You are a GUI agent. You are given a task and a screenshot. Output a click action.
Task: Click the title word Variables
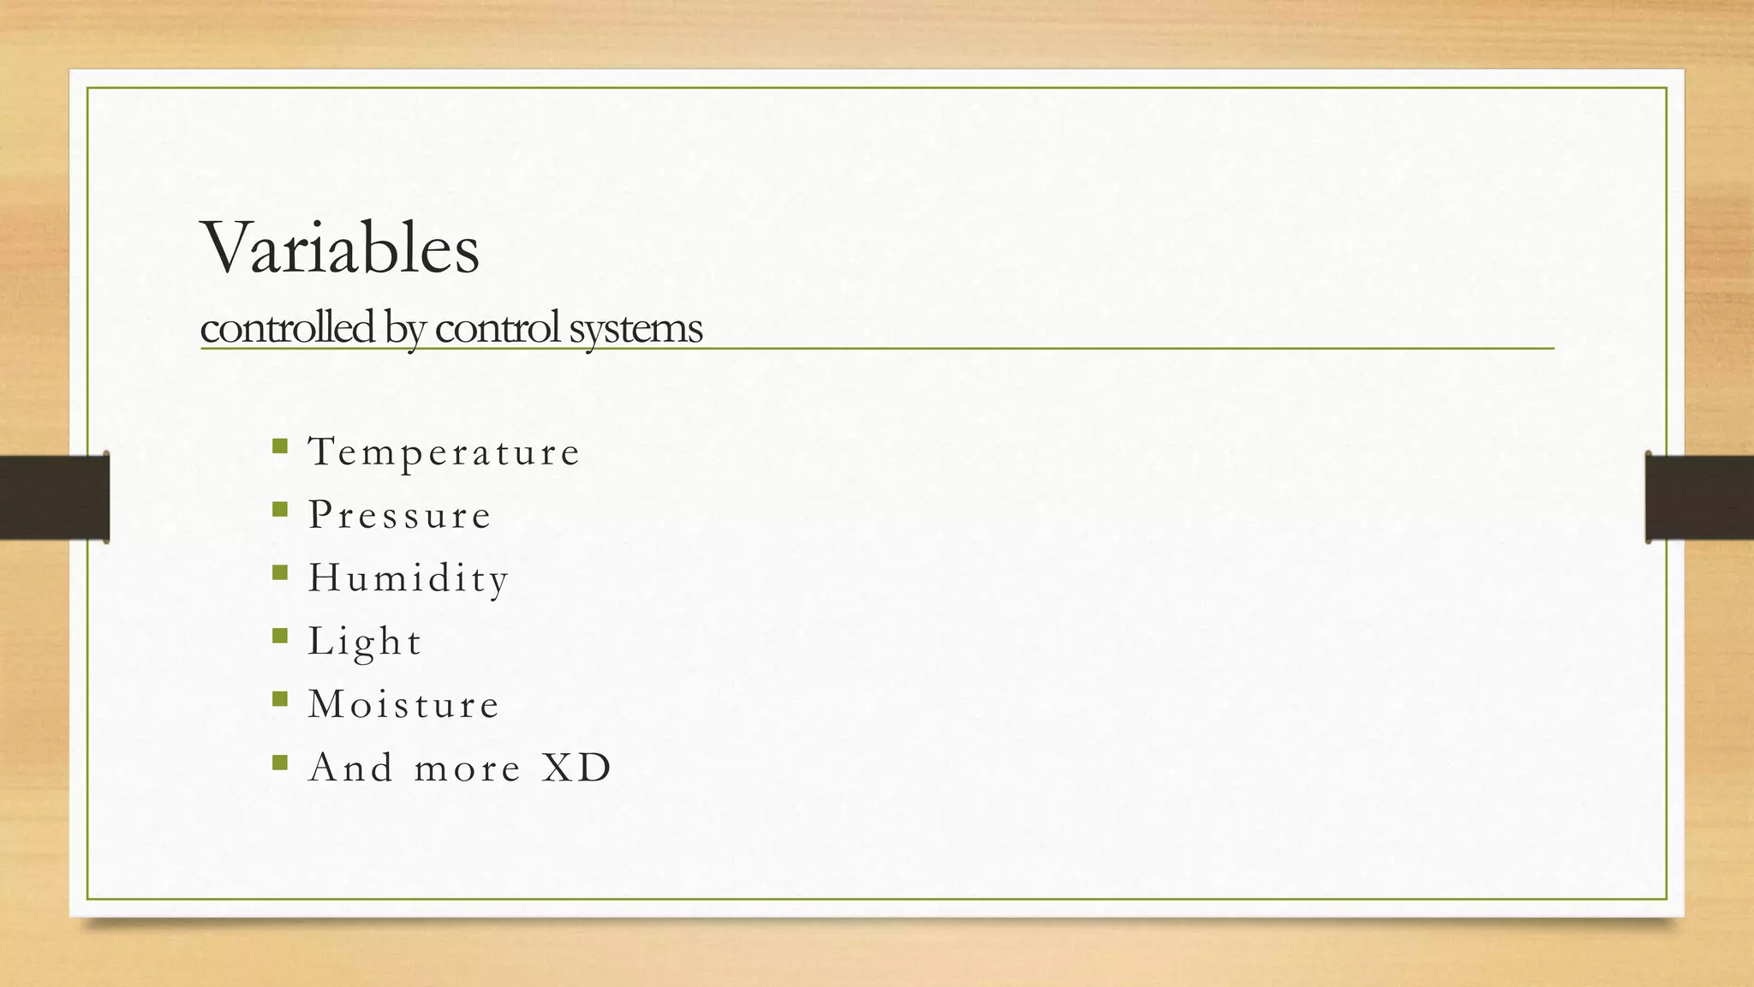point(340,248)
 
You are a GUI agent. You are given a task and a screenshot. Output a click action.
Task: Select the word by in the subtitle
point(404,329)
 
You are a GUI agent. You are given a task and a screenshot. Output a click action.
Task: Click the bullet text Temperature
point(444,452)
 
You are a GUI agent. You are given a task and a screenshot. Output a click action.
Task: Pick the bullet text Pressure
point(400,515)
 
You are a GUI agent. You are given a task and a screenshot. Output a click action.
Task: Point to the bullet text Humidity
point(409,578)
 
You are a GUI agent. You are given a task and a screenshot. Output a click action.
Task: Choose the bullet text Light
point(365,642)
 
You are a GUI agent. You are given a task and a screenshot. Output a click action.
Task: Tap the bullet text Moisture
point(403,704)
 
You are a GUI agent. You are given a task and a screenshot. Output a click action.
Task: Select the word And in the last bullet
point(351,768)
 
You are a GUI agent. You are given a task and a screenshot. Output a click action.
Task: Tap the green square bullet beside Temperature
point(279,446)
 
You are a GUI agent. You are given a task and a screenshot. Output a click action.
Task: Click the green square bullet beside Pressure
point(279,509)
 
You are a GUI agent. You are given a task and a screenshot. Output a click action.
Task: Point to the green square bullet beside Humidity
point(279,572)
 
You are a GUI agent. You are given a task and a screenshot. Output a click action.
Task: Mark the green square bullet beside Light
point(279,636)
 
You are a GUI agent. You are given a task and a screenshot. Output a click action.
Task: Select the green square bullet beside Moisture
point(279,699)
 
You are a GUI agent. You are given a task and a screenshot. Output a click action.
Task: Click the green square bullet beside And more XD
point(279,762)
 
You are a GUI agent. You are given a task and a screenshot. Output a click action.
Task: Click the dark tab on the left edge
point(54,497)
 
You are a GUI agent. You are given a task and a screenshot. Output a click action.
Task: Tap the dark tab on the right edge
point(1699,497)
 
